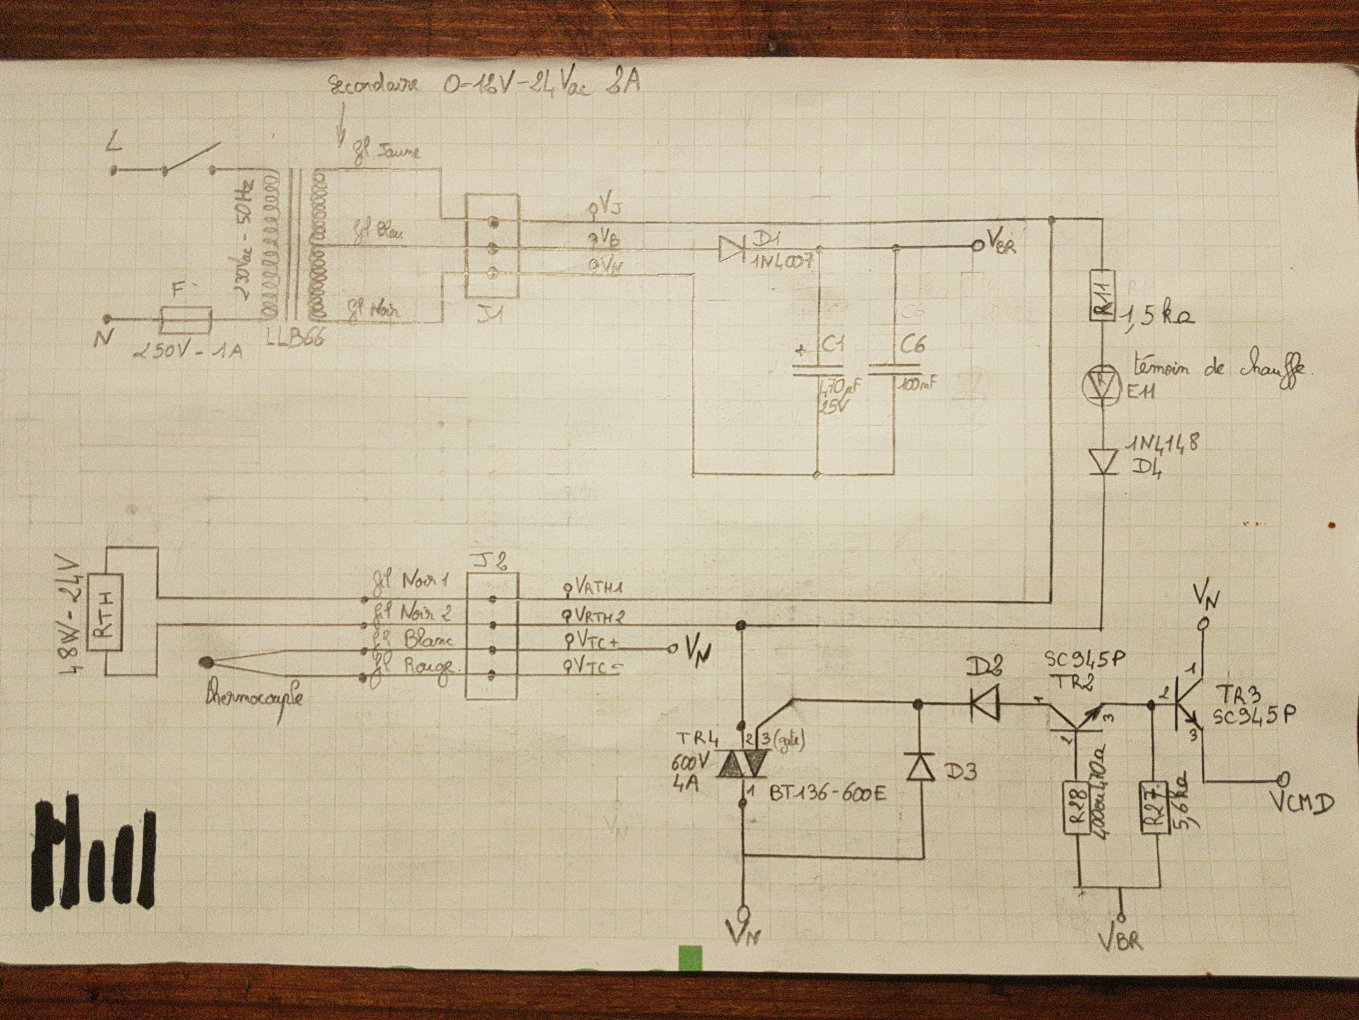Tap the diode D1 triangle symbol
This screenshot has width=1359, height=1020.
pos(729,248)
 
